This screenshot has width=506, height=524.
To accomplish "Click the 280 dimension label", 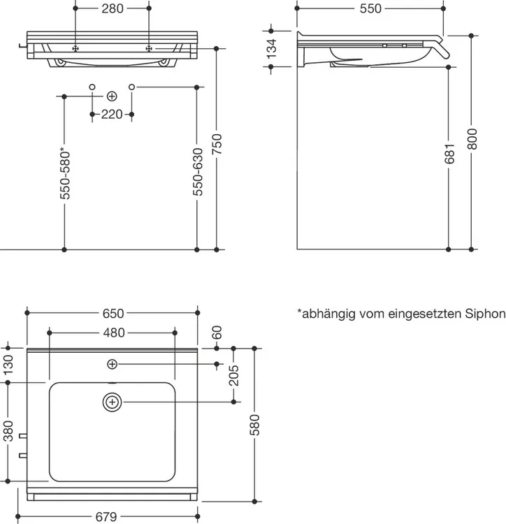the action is tap(113, 8).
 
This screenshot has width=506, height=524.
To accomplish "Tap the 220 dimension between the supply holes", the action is tap(112, 115).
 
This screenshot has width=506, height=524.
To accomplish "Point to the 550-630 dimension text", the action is tap(198, 172).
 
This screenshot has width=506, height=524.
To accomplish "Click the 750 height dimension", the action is tap(217, 144).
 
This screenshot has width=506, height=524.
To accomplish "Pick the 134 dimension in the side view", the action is tap(272, 49).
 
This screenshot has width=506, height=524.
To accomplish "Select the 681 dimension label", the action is tap(449, 154).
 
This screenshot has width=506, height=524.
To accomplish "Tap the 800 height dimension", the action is tap(472, 139).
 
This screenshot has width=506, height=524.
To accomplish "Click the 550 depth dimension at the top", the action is tap(370, 8).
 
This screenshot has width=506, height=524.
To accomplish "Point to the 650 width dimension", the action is tap(113, 314).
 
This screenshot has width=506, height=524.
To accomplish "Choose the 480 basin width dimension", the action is tap(114, 333).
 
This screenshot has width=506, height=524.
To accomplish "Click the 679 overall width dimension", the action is tap(106, 517).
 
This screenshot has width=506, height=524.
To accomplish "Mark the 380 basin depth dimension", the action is tap(8, 431).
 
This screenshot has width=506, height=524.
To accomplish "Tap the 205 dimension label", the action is tap(234, 375).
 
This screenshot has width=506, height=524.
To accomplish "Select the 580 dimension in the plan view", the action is tap(254, 425).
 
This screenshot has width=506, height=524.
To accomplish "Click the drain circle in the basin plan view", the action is tap(113, 402).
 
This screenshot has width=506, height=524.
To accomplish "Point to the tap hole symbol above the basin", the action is tap(112, 364).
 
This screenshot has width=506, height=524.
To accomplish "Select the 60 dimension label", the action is tap(217, 333).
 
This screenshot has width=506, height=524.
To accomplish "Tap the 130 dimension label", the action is tap(8, 365).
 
